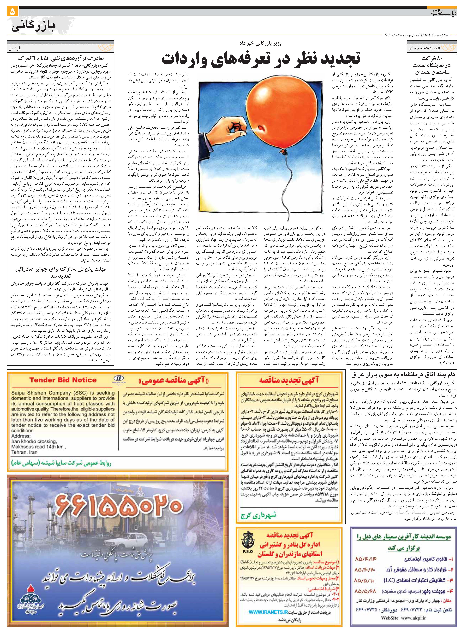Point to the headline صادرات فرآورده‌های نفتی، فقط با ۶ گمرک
[x=61, y=58]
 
